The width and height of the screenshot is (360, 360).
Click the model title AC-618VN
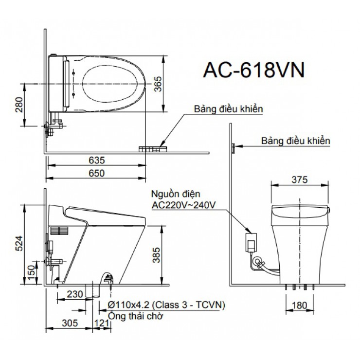[253, 70]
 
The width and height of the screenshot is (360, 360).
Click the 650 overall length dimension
[97, 173]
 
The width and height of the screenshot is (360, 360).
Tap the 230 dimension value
[74, 295]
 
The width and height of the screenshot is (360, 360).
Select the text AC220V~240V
[183, 205]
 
